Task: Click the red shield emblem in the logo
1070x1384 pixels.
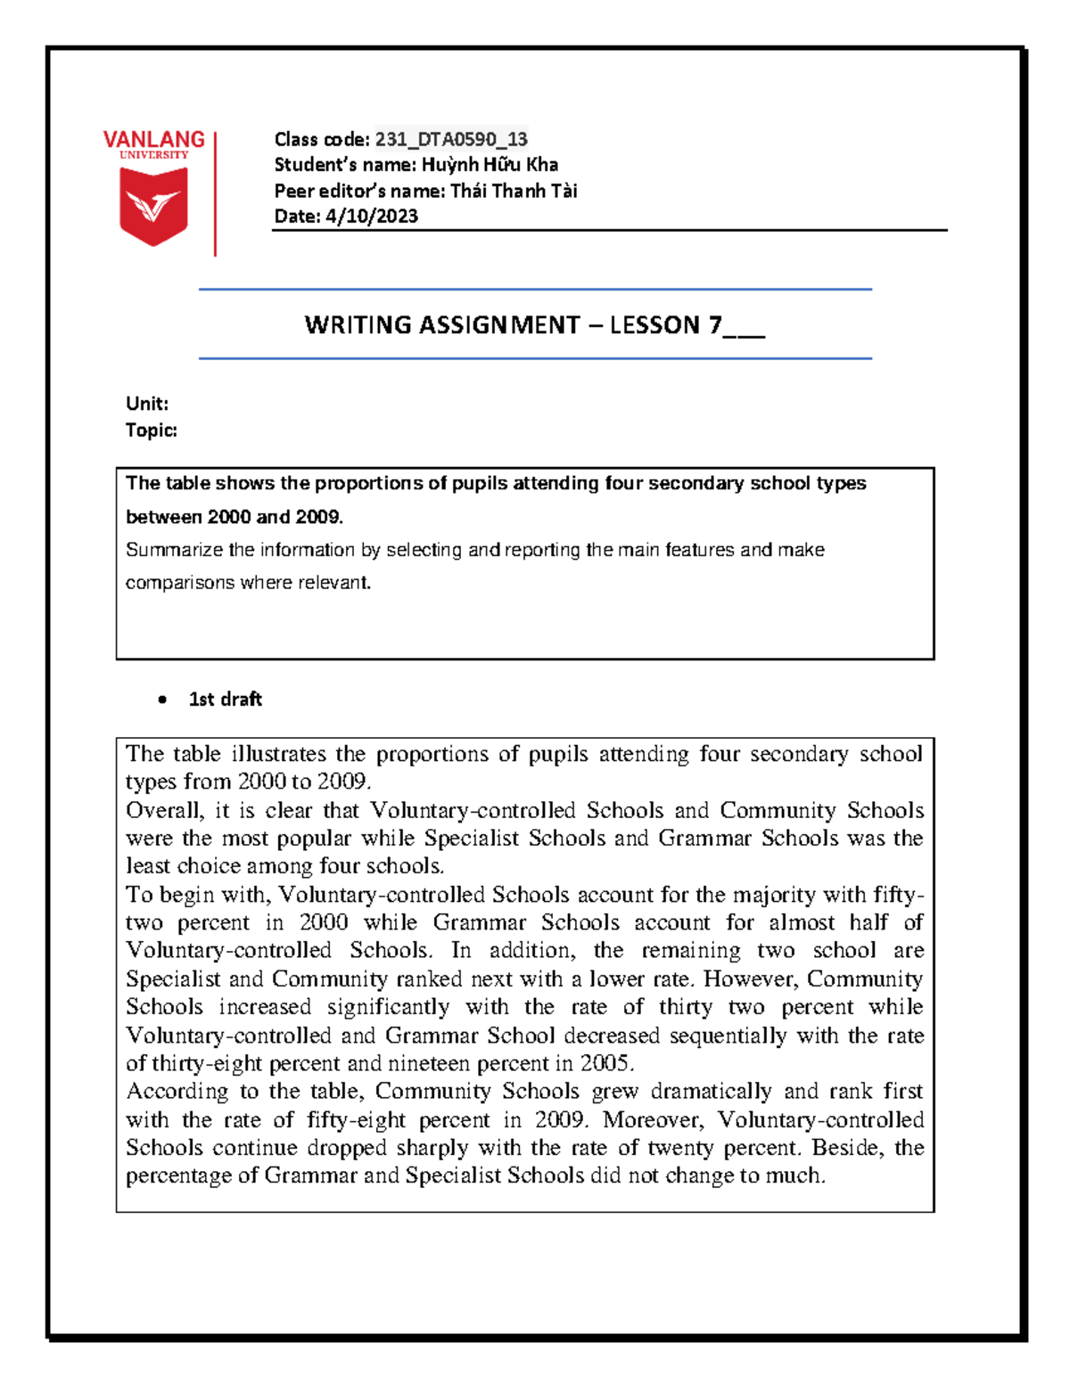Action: point(153,206)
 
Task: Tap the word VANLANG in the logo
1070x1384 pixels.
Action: point(153,140)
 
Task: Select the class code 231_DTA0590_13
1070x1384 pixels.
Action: point(451,139)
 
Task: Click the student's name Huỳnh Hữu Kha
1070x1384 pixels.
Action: point(490,165)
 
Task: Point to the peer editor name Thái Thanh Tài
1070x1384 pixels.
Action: point(514,191)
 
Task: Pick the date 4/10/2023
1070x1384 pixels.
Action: point(372,217)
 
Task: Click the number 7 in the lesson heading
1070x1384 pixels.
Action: point(715,325)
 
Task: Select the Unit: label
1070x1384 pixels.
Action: point(147,404)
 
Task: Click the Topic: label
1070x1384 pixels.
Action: point(152,430)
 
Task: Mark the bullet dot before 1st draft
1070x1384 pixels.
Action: point(162,700)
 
